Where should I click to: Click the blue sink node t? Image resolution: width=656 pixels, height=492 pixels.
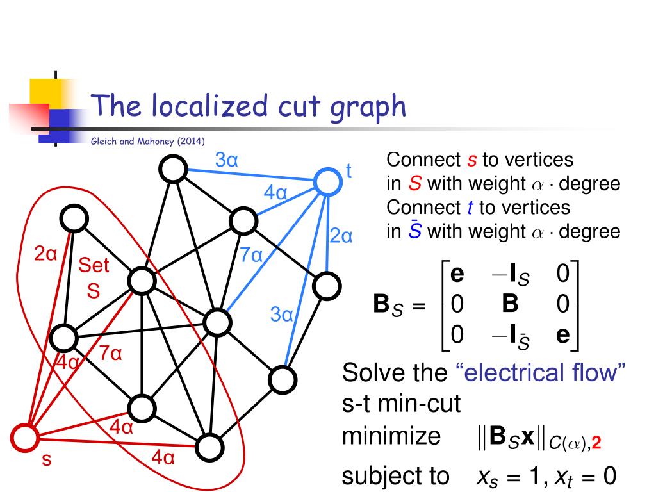click(327, 181)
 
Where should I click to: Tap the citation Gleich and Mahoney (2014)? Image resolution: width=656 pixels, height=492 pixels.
click(148, 142)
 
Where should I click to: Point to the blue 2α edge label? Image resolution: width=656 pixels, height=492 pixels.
click(341, 236)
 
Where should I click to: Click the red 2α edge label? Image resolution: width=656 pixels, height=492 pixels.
click(45, 254)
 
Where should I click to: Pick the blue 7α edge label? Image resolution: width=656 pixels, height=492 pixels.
click(252, 255)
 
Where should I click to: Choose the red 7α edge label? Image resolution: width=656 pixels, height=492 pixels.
click(110, 353)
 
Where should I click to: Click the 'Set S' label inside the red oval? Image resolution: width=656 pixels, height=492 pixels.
click(94, 277)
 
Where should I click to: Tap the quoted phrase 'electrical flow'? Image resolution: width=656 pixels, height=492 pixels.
click(540, 372)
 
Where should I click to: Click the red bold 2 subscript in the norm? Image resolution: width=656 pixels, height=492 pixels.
click(596, 443)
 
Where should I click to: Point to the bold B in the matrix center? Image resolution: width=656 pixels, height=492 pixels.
click(510, 304)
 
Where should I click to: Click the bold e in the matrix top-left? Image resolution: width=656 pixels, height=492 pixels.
click(457, 274)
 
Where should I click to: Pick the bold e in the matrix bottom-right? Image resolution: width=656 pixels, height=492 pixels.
click(563, 335)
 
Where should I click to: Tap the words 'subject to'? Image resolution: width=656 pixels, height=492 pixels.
click(395, 476)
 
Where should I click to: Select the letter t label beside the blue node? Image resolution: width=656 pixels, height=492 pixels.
click(349, 170)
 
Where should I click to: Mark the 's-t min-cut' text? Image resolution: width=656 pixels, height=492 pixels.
click(402, 404)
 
